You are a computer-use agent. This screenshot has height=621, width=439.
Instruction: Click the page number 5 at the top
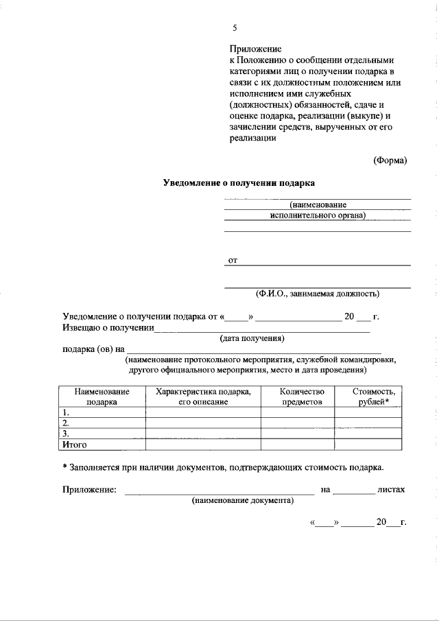(235, 28)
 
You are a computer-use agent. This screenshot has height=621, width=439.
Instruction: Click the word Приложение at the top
(255, 49)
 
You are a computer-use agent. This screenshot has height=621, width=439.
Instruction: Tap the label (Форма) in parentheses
(390, 161)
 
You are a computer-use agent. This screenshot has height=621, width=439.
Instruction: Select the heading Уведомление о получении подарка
(239, 183)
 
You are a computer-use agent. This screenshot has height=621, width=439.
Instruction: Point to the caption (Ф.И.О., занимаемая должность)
(318, 294)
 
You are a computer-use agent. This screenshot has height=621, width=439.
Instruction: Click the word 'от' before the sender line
(233, 261)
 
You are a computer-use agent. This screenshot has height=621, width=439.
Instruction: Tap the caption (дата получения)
(252, 338)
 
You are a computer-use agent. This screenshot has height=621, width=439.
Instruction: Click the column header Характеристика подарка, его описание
(203, 396)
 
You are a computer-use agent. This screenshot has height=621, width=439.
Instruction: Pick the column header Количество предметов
(298, 396)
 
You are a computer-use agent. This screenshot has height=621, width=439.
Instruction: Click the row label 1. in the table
(66, 412)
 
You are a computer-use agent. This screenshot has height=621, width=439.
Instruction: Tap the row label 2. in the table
(66, 423)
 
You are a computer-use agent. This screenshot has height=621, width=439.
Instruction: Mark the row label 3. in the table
(66, 434)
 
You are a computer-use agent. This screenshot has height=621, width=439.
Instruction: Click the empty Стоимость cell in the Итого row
(368, 445)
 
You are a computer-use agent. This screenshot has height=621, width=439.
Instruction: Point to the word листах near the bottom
(391, 490)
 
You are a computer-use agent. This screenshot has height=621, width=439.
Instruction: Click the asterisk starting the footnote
(64, 467)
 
